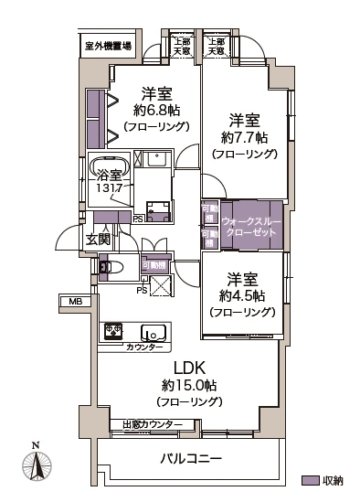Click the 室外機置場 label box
coord(108,45)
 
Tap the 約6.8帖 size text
coord(156,111)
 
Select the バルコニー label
coord(191,458)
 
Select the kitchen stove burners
coord(114,331)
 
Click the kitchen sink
coord(153,332)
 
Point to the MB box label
coord(71,301)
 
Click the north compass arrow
coord(36,465)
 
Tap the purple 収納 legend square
coord(308,479)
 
